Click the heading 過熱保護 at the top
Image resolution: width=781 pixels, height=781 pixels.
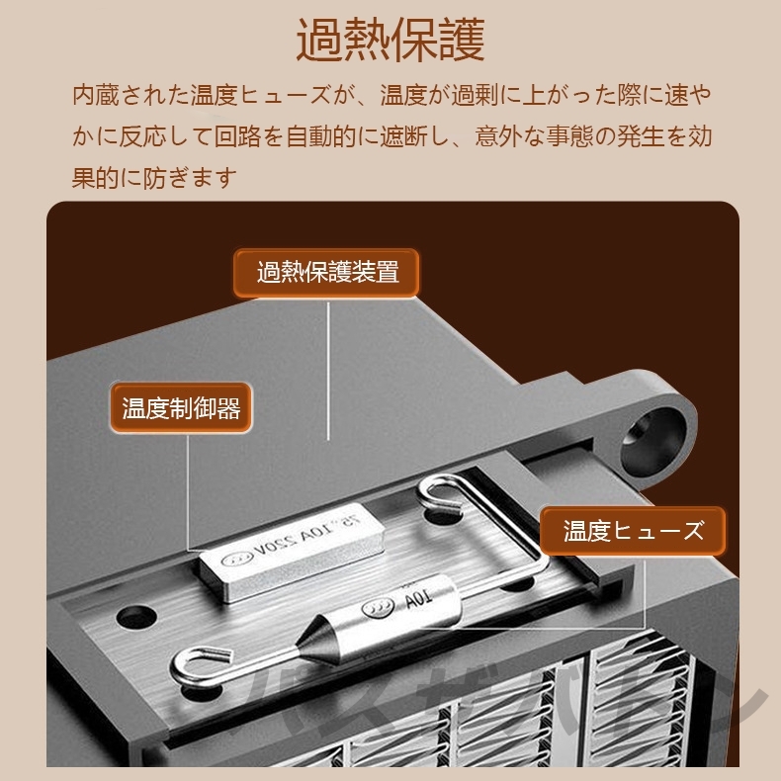click(x=390, y=41)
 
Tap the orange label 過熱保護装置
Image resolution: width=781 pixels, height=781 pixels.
click(x=327, y=273)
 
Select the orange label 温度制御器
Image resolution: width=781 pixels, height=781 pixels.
click(x=181, y=408)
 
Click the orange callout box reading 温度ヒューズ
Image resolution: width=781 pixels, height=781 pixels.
click(x=633, y=531)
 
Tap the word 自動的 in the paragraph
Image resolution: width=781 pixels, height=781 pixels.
click(x=333, y=136)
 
